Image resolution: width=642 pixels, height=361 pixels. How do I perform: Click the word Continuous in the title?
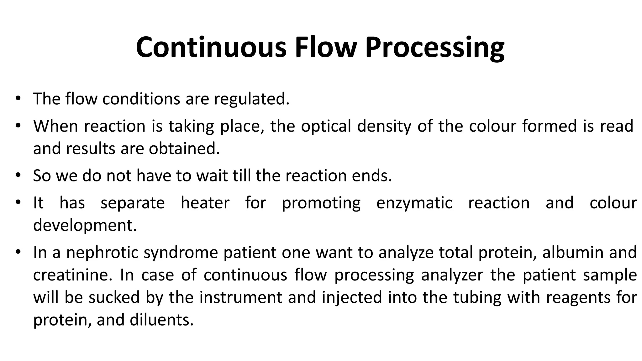pyautogui.click(x=211, y=48)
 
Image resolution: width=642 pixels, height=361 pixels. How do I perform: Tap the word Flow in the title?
pyautogui.click(x=326, y=48)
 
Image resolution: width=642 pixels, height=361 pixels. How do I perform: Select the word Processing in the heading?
pyautogui.click(x=435, y=48)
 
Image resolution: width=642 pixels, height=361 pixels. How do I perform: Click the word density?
pyautogui.click(x=384, y=126)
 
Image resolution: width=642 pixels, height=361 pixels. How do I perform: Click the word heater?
pyautogui.click(x=205, y=203)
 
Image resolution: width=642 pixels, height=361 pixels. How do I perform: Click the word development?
pyautogui.click(x=85, y=225)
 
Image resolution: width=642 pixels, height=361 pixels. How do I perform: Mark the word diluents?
pyautogui.click(x=161, y=320)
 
